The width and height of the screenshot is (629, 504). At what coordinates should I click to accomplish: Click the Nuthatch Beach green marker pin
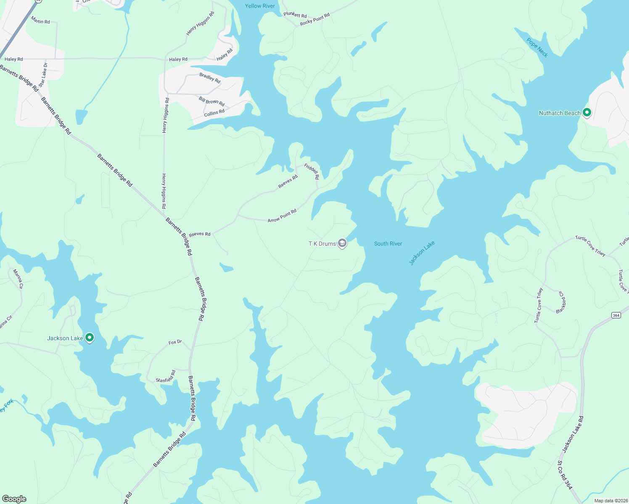click(587, 113)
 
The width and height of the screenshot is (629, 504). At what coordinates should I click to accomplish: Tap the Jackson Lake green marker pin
click(89, 337)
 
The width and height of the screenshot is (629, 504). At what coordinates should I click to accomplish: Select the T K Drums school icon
click(342, 243)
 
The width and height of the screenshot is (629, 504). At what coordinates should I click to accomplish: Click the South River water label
click(388, 244)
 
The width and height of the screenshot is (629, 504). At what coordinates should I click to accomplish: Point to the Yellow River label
click(260, 6)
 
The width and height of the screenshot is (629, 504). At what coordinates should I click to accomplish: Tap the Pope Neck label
click(537, 47)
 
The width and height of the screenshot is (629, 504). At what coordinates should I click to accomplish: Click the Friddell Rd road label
click(312, 172)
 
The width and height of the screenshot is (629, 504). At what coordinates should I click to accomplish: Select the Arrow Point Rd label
click(282, 215)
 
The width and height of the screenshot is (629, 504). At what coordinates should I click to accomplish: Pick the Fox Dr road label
click(175, 342)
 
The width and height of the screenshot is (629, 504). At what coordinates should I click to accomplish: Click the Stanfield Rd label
click(166, 376)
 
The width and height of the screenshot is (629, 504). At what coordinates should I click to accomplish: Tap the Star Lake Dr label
click(43, 75)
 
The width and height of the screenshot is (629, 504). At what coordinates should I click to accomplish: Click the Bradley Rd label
click(210, 78)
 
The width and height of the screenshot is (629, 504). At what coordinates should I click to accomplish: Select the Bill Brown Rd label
click(211, 101)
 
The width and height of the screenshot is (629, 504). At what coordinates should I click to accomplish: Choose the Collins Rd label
click(214, 113)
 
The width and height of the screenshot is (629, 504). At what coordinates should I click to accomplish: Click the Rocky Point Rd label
click(315, 19)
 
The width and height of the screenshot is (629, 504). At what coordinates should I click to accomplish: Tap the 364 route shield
click(616, 315)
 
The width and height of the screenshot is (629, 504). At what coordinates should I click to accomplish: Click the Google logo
click(14, 499)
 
